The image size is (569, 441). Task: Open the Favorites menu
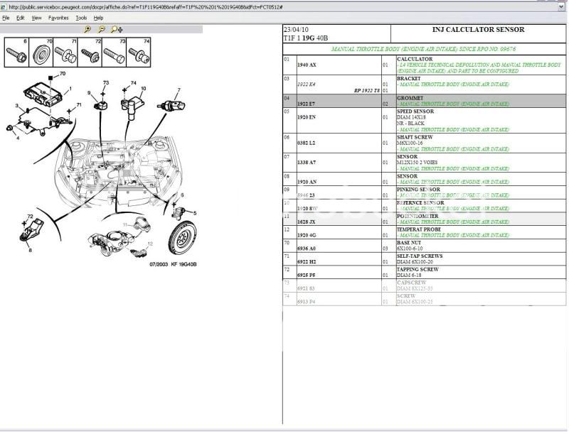(58, 17)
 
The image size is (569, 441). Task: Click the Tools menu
(82, 17)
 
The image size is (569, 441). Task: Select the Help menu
(98, 17)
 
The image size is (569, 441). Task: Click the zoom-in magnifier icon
(87, 30)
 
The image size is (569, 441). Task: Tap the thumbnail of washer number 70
(41, 54)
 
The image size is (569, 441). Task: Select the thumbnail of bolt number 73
(114, 54)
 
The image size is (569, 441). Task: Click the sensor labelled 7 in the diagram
(173, 107)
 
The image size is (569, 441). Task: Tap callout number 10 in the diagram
(142, 89)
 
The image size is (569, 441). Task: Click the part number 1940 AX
(307, 65)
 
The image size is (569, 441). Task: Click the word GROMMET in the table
(410, 98)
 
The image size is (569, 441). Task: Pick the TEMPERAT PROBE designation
(419, 229)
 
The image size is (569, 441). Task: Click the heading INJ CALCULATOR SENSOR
(478, 30)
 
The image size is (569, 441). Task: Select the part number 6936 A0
(307, 249)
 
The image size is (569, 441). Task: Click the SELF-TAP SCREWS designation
(419, 256)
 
